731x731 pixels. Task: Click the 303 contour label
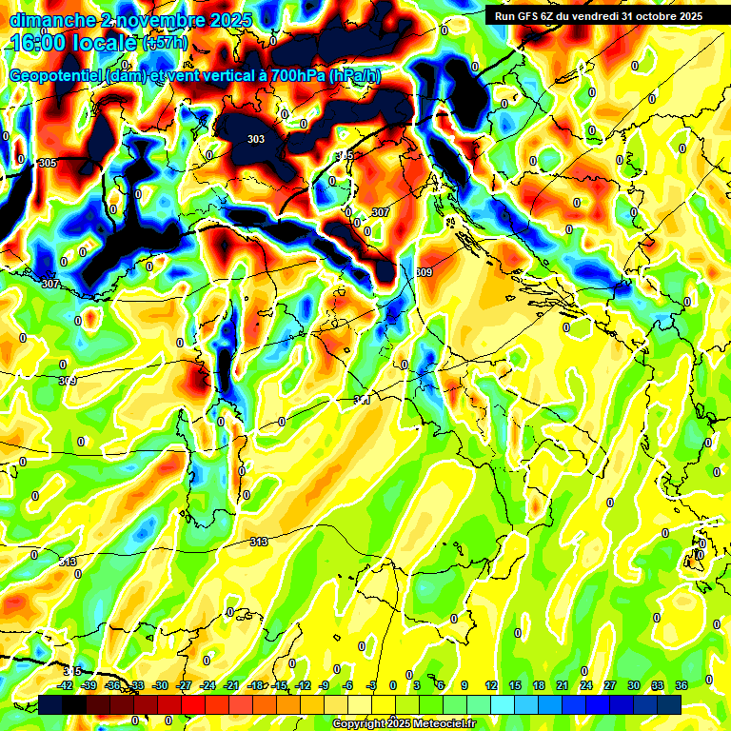(x=256, y=139)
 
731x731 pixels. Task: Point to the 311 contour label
(x=362, y=401)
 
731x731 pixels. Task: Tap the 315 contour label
(x=72, y=671)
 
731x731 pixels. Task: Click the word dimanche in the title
(x=53, y=20)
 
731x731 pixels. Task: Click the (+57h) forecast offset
(x=164, y=44)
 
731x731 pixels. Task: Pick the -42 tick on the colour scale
(x=66, y=686)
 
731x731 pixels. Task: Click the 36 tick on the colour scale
(x=682, y=686)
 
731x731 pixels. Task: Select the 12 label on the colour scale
(x=490, y=686)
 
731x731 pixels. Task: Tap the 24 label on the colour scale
(x=586, y=686)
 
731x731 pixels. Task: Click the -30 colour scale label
(x=161, y=686)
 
